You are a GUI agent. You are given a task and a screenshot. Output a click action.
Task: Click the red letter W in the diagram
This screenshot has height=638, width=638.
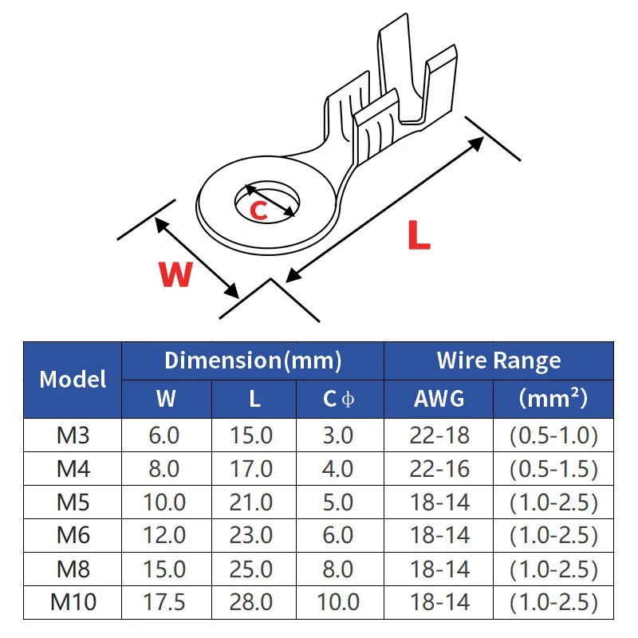click(x=176, y=274)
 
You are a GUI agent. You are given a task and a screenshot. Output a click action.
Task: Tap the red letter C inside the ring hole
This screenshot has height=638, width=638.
click(x=259, y=211)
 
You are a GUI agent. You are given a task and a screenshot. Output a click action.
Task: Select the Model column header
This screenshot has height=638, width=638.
click(x=73, y=379)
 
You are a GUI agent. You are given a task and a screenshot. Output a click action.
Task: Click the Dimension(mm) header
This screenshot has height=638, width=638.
click(x=253, y=360)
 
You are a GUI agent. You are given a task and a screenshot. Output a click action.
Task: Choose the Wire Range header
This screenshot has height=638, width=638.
click(x=498, y=360)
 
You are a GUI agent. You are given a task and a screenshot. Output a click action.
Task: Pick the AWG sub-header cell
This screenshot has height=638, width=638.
click(x=439, y=398)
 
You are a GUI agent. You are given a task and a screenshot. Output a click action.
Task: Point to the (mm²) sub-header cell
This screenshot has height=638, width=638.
click(x=553, y=398)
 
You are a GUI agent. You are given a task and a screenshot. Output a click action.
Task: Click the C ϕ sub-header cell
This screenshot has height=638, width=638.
click(x=339, y=398)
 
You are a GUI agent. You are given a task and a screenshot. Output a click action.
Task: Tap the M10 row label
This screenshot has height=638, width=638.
click(x=73, y=602)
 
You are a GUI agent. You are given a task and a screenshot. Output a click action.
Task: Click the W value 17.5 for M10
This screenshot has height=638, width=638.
click(x=166, y=602)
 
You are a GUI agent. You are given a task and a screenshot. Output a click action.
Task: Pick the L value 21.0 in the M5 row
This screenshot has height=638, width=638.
click(x=254, y=502)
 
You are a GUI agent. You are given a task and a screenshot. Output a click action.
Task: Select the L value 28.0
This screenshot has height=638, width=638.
click(x=254, y=602)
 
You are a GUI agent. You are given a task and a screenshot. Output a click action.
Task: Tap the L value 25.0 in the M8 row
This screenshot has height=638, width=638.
click(x=254, y=569)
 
